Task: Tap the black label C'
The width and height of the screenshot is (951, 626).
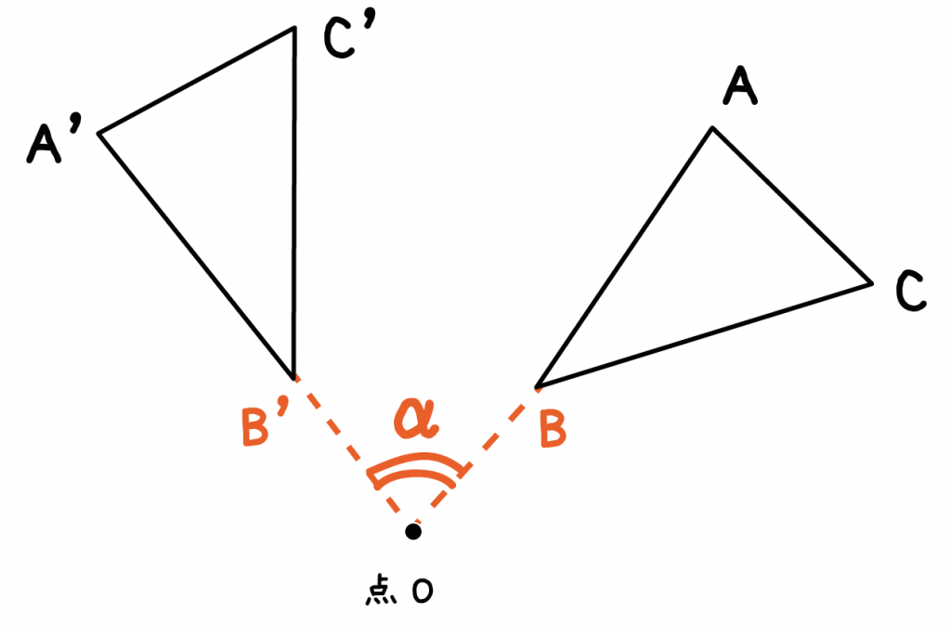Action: pos(350,36)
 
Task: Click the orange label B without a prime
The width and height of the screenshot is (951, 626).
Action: pos(553,429)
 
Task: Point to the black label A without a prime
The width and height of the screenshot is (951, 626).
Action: pos(740,85)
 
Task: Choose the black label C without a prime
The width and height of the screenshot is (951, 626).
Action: pos(911,291)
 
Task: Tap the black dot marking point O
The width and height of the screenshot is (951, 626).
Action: pos(413,531)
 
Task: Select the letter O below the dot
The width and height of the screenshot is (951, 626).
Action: pos(423,591)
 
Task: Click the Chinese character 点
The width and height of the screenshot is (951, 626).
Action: pos(381,591)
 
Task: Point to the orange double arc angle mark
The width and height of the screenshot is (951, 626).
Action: pos(417,471)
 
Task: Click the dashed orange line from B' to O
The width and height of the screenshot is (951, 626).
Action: pos(354,454)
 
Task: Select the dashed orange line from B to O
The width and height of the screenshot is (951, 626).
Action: pos(475,459)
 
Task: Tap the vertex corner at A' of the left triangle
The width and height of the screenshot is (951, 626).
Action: pos(99,133)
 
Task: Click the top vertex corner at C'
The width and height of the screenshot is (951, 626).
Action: pos(294,27)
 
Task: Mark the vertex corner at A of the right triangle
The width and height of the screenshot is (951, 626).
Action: pos(712,128)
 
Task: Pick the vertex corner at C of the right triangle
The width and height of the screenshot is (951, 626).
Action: pos(871,283)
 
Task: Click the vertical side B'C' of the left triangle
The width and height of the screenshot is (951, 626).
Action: pos(294,202)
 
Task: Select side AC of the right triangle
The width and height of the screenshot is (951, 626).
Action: pos(792,205)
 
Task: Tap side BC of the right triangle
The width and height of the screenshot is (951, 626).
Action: pos(704,335)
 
